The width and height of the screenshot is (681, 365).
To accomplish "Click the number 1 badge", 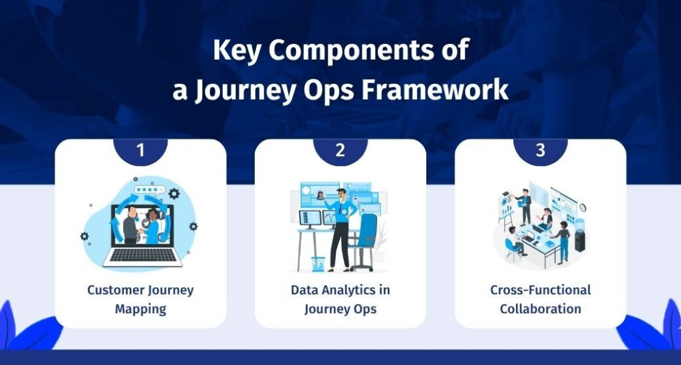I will point(140,150).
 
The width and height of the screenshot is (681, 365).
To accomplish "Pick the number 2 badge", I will point(340,150).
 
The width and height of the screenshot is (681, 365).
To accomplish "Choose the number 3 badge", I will point(540,150).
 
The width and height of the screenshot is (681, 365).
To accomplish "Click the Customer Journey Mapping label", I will point(140,299).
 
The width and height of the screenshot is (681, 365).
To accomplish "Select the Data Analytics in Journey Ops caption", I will point(340,299).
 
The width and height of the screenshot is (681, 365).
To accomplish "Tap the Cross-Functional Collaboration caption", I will point(540,299).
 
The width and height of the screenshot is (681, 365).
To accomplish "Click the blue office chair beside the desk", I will point(364,236).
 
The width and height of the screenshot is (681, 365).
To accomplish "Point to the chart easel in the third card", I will point(506,209).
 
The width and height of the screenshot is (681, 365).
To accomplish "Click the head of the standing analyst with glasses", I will point(340,194).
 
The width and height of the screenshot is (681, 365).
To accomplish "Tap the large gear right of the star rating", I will point(174,193).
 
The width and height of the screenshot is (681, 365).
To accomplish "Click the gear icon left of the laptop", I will point(84,236).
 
